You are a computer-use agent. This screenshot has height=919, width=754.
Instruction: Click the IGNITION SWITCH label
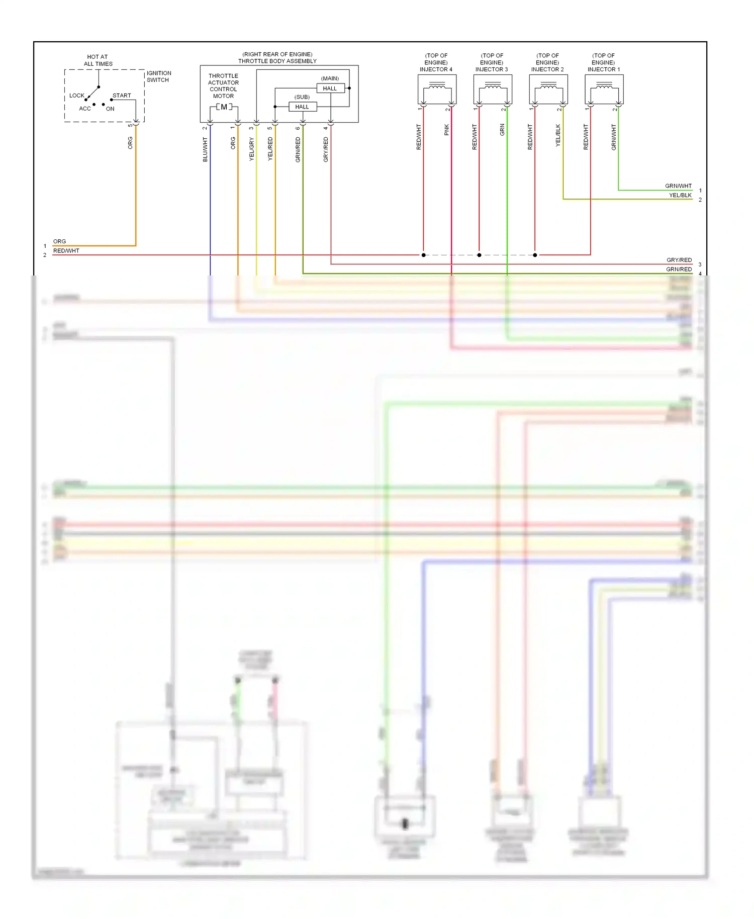158,76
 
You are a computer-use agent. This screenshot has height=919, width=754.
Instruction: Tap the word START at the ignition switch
122,95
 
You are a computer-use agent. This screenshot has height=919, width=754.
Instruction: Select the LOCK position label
77,96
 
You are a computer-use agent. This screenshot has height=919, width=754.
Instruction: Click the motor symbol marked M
224,107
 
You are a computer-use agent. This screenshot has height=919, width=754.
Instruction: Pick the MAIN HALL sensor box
330,88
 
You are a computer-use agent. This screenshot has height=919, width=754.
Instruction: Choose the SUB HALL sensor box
302,107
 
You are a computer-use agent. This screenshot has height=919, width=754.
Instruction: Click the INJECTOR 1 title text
604,69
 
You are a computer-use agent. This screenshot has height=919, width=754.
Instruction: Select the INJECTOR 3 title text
492,69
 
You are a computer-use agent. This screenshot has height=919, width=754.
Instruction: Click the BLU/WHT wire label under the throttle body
205,150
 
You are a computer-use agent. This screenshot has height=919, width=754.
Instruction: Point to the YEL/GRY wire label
252,149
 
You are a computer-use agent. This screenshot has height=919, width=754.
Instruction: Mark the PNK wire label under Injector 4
447,130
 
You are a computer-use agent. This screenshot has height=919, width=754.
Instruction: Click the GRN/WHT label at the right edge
678,186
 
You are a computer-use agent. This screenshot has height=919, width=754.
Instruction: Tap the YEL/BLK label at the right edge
680,195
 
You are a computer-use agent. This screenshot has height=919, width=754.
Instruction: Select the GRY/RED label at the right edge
679,260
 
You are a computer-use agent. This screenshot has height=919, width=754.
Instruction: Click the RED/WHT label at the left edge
66,251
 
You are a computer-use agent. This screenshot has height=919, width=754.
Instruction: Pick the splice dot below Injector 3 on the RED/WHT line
479,255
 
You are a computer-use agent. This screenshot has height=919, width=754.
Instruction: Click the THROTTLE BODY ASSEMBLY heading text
277,61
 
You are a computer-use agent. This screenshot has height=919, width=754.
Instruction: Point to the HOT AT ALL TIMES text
98,60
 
